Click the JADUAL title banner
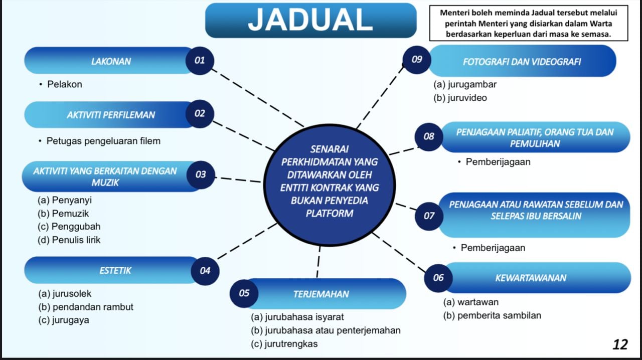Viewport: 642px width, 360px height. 311,21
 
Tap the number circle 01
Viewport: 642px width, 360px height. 200,61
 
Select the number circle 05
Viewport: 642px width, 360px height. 244,293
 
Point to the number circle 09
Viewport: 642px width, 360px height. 417,60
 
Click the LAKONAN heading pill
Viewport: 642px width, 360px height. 110,61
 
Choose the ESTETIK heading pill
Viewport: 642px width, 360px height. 115,270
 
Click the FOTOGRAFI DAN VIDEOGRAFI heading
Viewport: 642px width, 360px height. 522,61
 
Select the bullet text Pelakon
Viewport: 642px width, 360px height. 65,84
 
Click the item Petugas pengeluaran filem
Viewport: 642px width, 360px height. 103,141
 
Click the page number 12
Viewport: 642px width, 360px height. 620,344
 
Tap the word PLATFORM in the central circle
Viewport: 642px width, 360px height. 330,214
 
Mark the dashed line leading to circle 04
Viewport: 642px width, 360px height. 247,241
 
